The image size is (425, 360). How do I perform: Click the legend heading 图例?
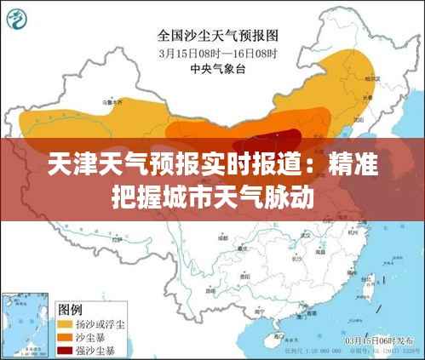[70, 308]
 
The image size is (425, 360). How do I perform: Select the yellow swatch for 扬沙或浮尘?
[65, 324]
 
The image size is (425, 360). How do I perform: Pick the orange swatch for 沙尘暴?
[65, 337]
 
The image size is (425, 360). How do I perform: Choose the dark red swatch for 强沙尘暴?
[65, 350]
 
